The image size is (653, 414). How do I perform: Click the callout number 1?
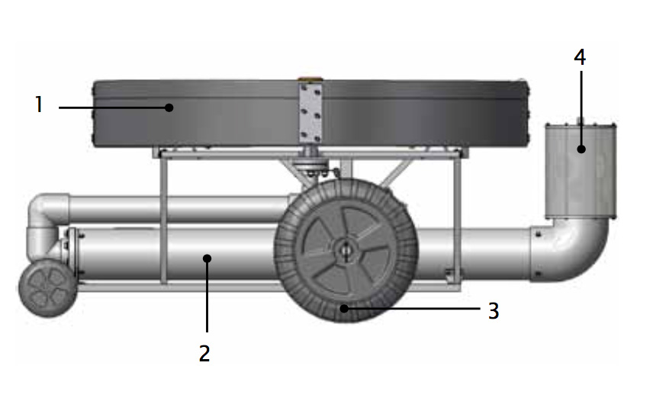coord(39,104)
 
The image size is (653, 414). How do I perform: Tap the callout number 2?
coord(204,353)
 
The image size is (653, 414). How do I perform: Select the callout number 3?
coord(494,310)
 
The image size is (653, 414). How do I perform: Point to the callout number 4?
coord(580,57)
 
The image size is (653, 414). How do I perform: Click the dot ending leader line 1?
coord(169,108)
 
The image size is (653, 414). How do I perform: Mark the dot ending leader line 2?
coord(207,258)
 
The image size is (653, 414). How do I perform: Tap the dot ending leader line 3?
coord(344,308)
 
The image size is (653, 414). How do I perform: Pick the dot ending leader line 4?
coord(581,149)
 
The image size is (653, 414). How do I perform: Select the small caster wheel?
coord(48,288)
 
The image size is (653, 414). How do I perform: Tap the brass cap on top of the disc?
coord(310,79)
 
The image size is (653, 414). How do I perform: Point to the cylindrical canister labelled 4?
coord(581,171)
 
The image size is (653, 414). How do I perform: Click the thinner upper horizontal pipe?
coord(179,208)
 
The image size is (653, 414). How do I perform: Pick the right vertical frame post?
coord(458,219)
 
